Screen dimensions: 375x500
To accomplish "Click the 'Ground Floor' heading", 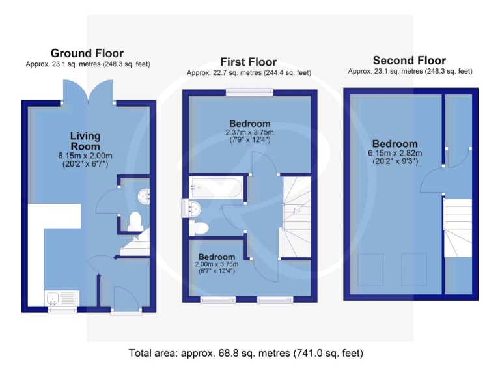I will pyautogui.click(x=87, y=53).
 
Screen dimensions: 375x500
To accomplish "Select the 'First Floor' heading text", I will pyautogui.click(x=249, y=62).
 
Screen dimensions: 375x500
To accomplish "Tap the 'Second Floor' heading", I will pyautogui.click(x=410, y=61).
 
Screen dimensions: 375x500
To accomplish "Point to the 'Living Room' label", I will pyautogui.click(x=85, y=141).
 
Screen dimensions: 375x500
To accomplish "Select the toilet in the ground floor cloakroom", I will pyautogui.click(x=135, y=221).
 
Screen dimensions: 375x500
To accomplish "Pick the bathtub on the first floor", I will pyautogui.click(x=215, y=188).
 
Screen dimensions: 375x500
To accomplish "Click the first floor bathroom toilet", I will pyautogui.click(x=199, y=228).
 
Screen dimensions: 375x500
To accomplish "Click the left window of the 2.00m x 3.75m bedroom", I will pyautogui.click(x=217, y=299).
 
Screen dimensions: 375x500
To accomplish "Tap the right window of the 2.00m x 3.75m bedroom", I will pyautogui.click(x=274, y=299).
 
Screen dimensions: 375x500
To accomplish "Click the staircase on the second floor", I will pyautogui.click(x=458, y=227).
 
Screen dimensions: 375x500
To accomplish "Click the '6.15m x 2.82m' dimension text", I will pyautogui.click(x=395, y=153).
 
